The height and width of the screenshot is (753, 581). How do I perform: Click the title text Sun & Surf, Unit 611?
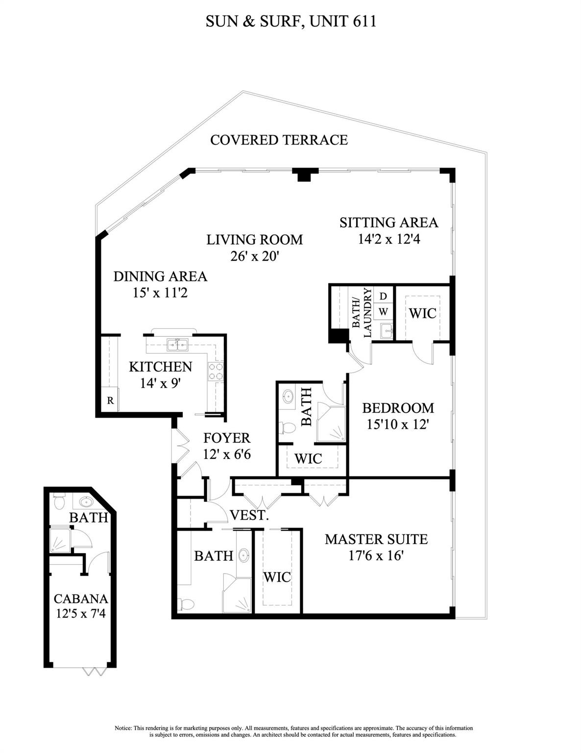click(x=290, y=22)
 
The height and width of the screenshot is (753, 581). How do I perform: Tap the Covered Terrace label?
click(x=279, y=140)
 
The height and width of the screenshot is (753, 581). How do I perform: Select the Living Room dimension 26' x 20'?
click(x=254, y=256)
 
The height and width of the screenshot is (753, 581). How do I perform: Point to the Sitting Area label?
click(x=388, y=223)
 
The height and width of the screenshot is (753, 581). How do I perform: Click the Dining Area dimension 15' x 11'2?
click(x=160, y=293)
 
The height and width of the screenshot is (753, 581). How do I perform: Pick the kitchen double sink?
click(x=177, y=345)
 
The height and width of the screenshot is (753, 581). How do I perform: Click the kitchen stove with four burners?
click(x=216, y=372)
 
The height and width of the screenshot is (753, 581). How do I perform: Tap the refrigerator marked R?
click(x=110, y=401)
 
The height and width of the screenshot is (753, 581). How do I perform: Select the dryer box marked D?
click(x=383, y=296)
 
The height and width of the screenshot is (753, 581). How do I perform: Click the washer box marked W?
click(x=383, y=312)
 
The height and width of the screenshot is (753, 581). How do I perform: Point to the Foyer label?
click(x=226, y=438)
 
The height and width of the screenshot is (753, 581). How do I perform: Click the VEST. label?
click(x=249, y=515)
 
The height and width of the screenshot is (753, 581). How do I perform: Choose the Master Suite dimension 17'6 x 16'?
click(x=376, y=556)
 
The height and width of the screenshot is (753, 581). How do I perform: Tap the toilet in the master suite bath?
click(x=186, y=604)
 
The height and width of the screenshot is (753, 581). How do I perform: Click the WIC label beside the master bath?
click(x=277, y=577)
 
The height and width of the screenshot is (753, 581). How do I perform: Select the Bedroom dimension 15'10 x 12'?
click(x=398, y=424)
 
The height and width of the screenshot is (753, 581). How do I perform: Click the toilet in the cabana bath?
click(x=59, y=502)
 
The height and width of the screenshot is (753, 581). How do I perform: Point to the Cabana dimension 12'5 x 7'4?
click(x=81, y=614)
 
